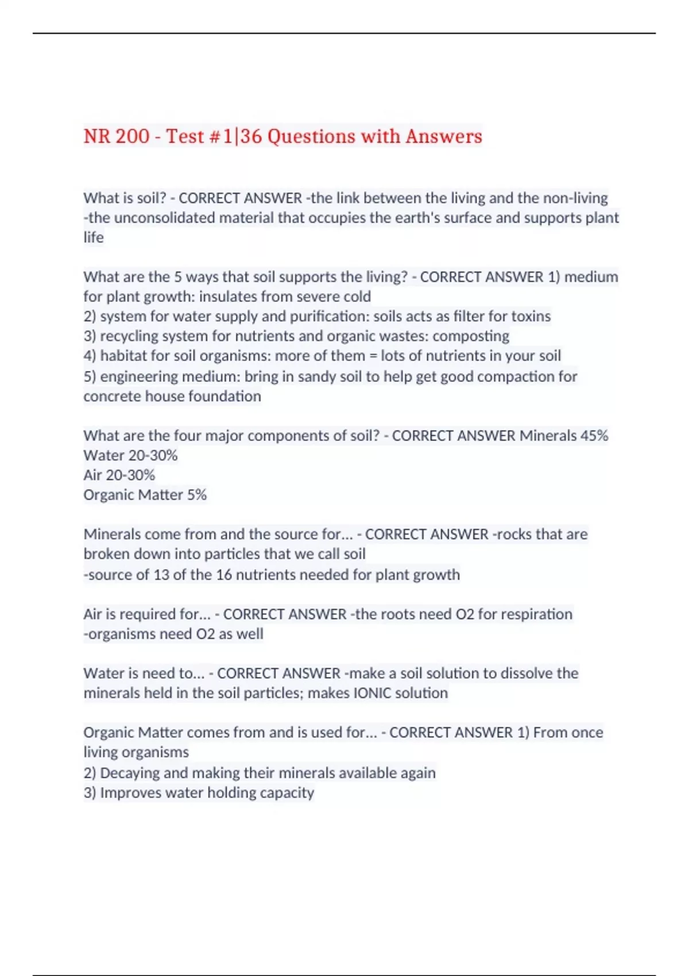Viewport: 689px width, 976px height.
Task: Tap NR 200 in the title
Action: [x=116, y=137]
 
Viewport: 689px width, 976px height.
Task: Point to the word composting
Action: [x=471, y=336]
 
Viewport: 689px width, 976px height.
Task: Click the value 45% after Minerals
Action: [x=594, y=436]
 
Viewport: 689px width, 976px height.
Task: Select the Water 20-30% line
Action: [x=130, y=455]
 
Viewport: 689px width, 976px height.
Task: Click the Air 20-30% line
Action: [x=119, y=475]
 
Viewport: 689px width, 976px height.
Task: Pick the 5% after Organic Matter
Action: [x=196, y=495]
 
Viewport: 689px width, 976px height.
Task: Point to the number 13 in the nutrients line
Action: [x=161, y=575]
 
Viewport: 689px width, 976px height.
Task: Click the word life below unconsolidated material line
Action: [x=94, y=237]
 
